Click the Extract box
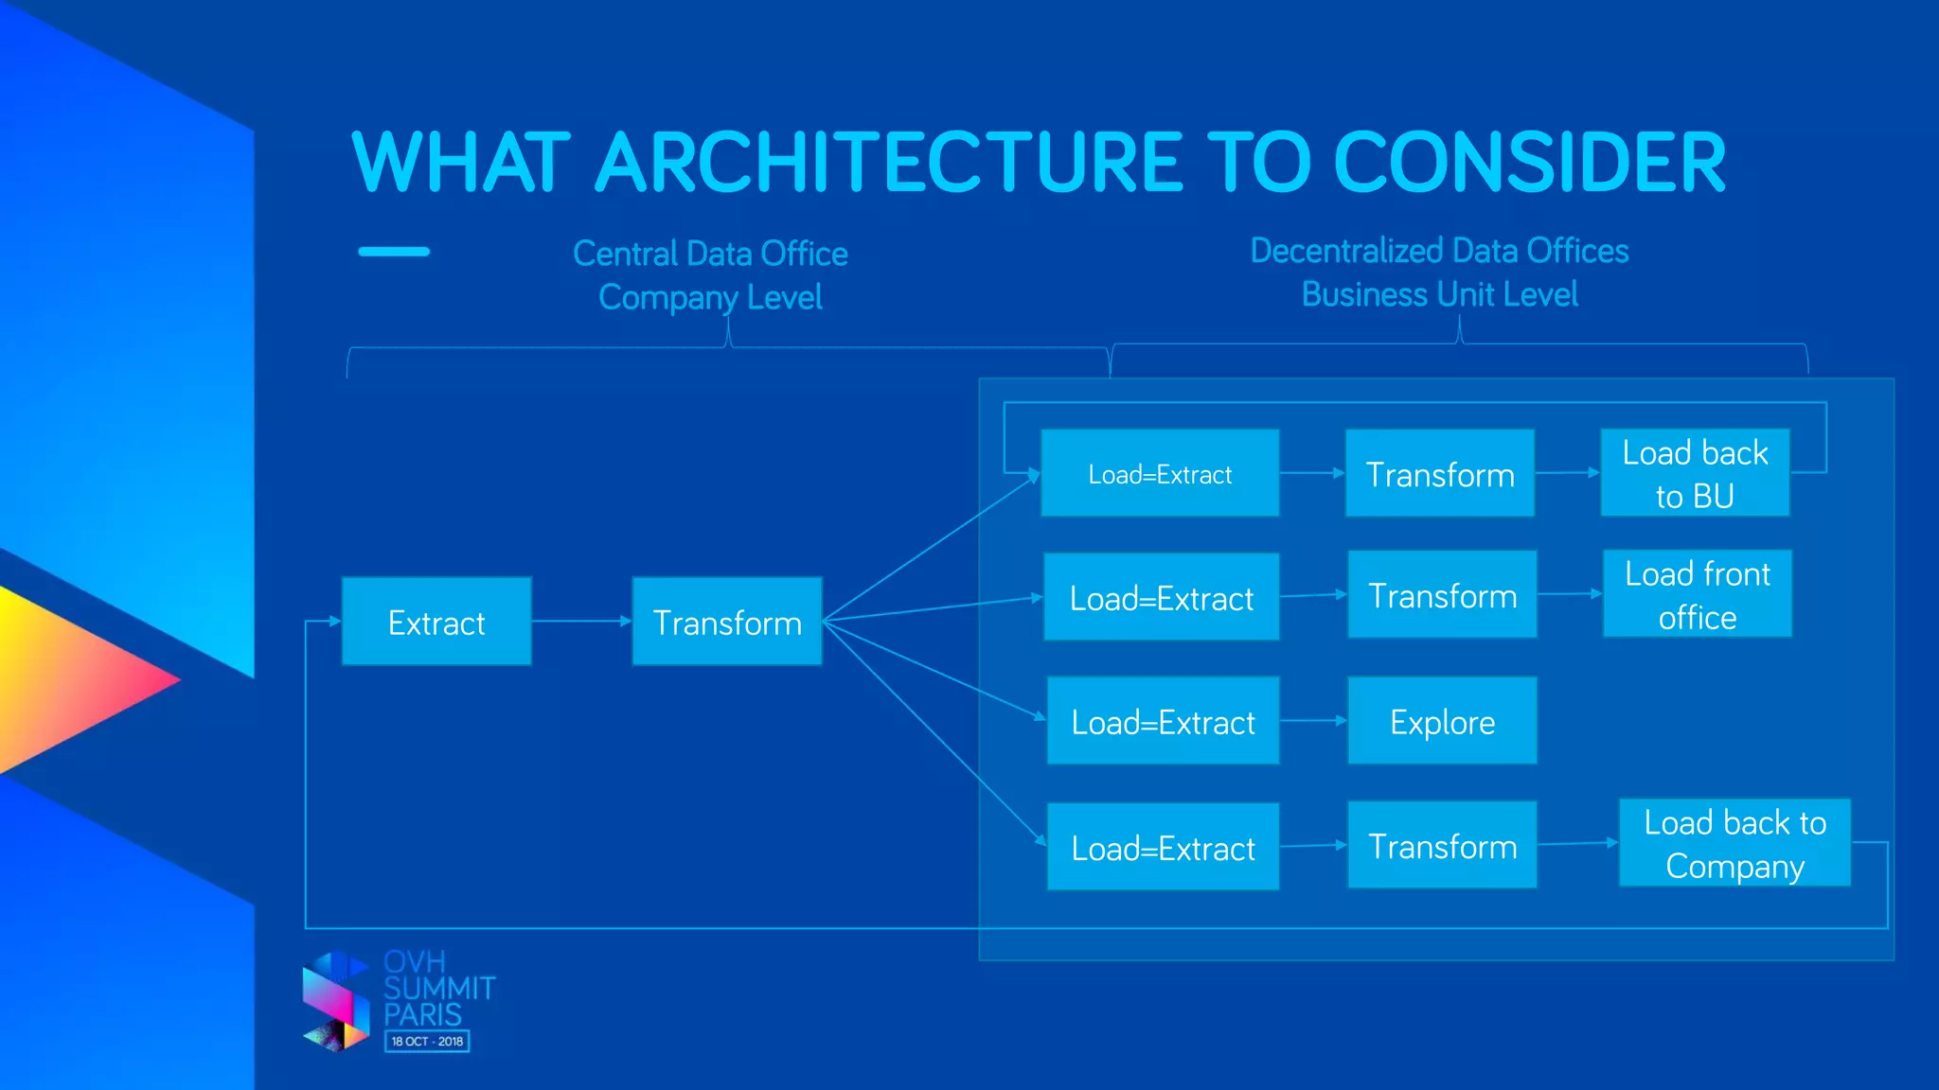(x=436, y=622)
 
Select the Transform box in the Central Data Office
(x=727, y=622)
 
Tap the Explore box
(x=1442, y=721)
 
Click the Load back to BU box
(x=1695, y=473)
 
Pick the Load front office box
(x=1697, y=594)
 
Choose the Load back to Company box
(x=1734, y=843)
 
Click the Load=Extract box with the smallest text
(x=1160, y=473)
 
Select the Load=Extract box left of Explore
(x=1163, y=721)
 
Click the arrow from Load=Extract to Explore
(x=1313, y=720)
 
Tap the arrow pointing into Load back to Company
(x=1577, y=842)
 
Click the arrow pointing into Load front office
(x=1569, y=594)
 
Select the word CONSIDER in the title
(x=1529, y=163)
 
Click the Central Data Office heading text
(x=710, y=254)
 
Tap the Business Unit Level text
(x=1439, y=294)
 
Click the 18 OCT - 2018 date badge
(x=427, y=1041)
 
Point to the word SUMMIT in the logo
(x=439, y=989)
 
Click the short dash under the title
(x=394, y=252)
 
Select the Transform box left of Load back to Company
(x=1442, y=845)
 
